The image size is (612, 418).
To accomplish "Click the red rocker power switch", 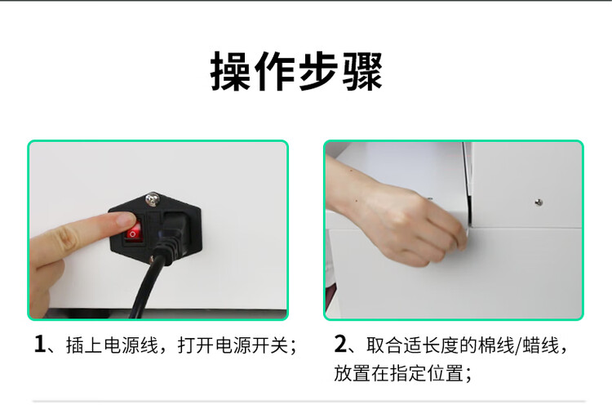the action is [x=133, y=233].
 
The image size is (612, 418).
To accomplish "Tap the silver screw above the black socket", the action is [x=152, y=200].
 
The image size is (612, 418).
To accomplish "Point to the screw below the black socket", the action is [x=152, y=259].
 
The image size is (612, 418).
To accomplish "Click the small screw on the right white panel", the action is [x=539, y=202].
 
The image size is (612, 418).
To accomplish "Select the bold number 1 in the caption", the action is [x=39, y=345].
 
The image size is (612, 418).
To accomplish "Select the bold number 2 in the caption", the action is [x=340, y=345].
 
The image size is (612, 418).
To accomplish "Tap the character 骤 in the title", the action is [x=361, y=71].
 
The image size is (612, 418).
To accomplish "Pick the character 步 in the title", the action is [x=318, y=71].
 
